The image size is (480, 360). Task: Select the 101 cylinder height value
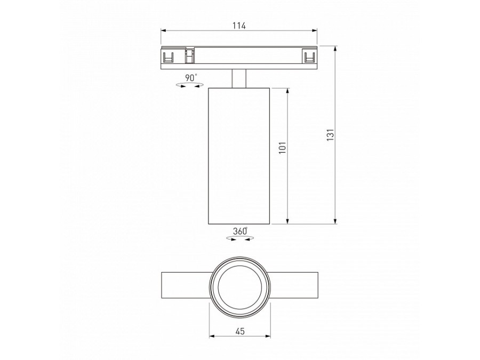coord(283,147)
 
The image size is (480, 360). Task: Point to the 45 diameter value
coord(239,331)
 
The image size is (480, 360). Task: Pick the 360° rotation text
coord(239,231)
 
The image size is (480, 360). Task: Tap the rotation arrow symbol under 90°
coord(186,85)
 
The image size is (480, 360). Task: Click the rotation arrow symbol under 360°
coord(238,239)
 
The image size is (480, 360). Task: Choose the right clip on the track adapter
coord(308,56)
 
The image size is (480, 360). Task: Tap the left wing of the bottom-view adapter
coord(184,286)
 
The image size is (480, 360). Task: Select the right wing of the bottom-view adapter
coord(295,286)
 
